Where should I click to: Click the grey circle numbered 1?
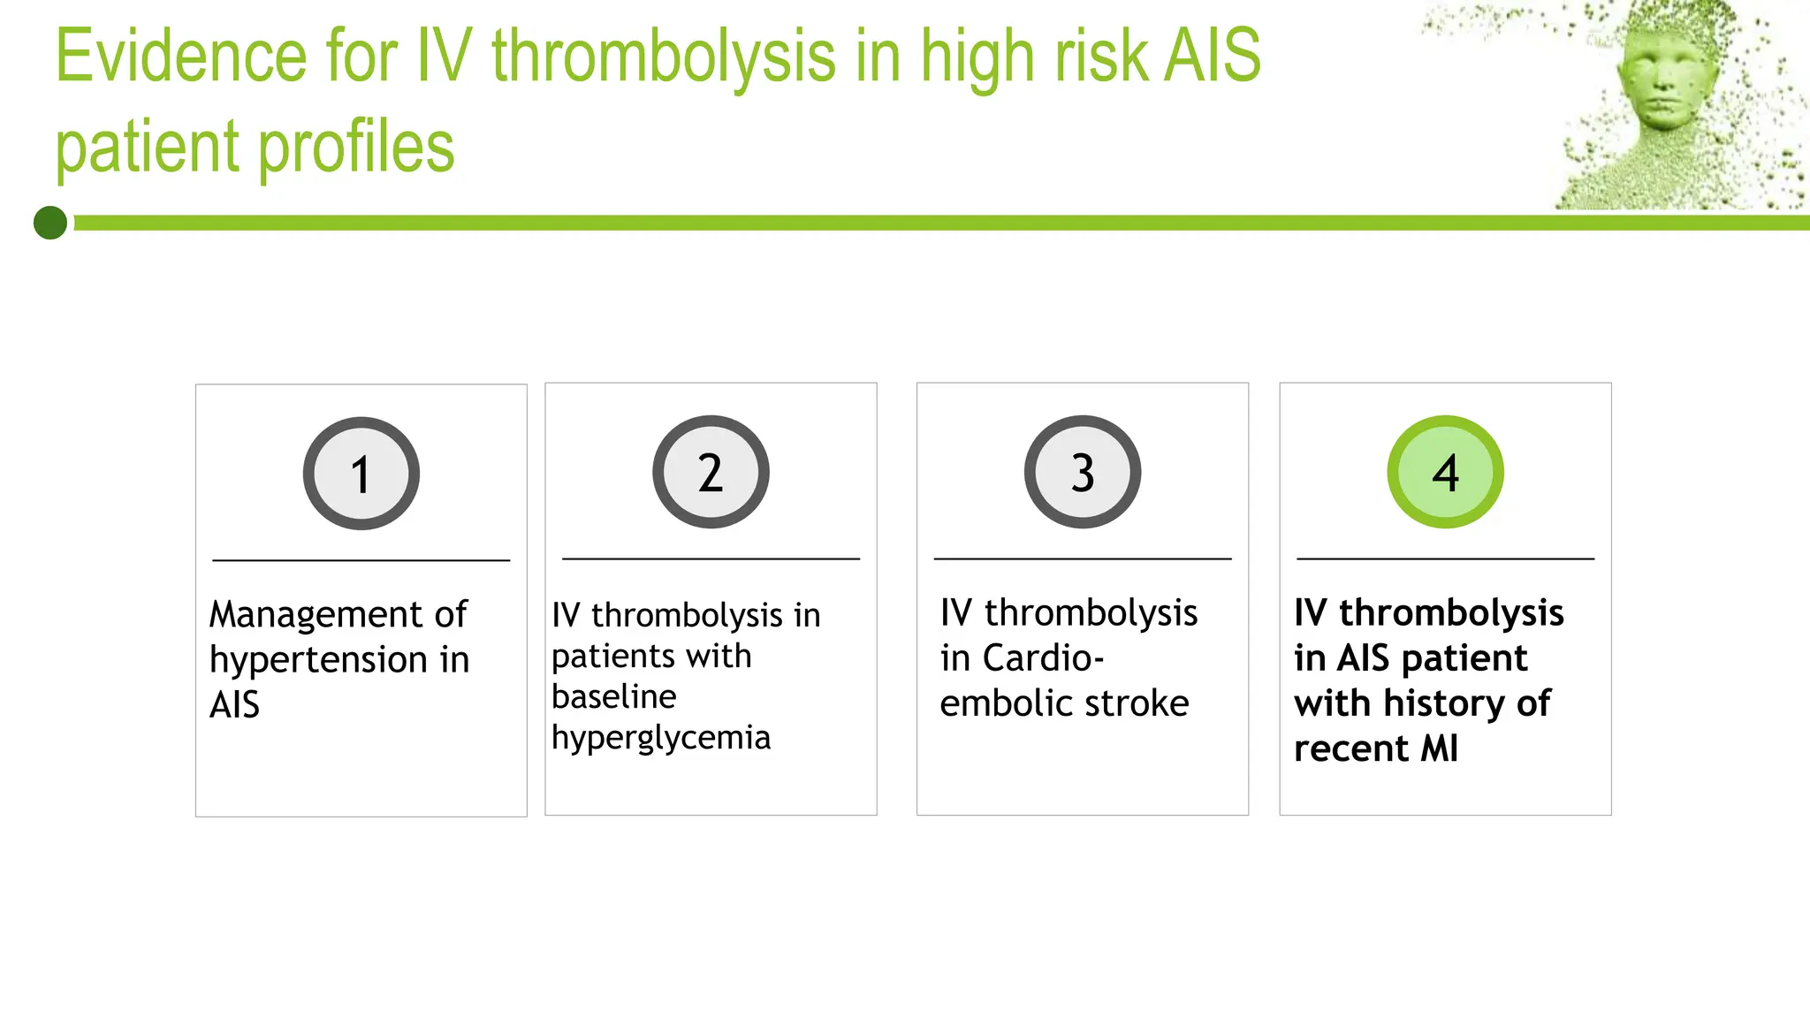(361, 474)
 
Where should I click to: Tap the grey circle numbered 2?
(711, 472)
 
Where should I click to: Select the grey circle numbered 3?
(1083, 472)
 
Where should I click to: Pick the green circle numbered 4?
(1445, 472)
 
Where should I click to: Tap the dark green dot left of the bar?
(50, 223)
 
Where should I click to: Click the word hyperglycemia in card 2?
(660, 738)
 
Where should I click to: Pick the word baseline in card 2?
(613, 697)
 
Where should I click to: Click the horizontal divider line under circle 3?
(1083, 558)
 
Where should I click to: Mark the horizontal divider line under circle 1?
(361, 560)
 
